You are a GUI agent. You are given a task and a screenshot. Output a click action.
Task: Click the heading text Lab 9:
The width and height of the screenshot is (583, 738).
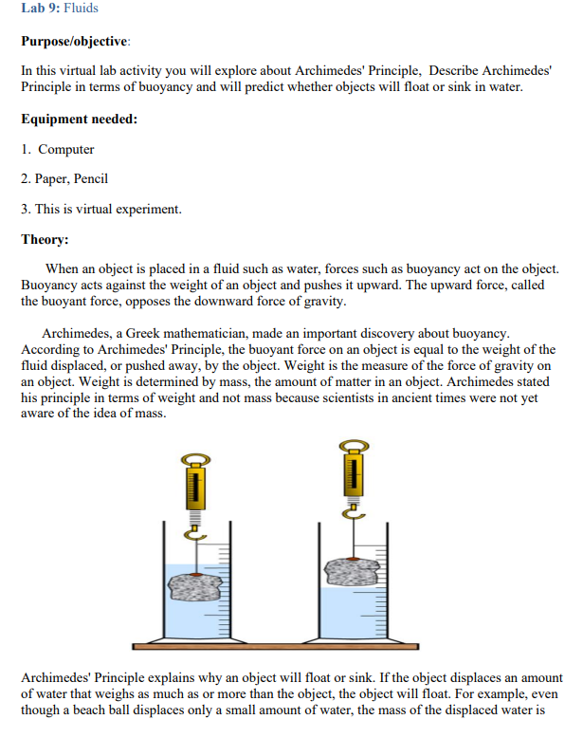[x=40, y=9]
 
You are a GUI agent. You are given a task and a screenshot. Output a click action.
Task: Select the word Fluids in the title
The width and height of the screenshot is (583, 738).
[x=82, y=9]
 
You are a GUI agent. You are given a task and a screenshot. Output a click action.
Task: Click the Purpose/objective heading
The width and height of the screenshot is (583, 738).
[x=76, y=43]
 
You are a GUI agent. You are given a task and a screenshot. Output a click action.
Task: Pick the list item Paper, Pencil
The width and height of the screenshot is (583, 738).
[x=73, y=178]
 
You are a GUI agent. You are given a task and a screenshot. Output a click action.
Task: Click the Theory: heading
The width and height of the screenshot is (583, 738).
[x=46, y=239]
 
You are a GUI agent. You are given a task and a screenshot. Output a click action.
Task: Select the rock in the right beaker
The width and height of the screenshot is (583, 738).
[x=352, y=571]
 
